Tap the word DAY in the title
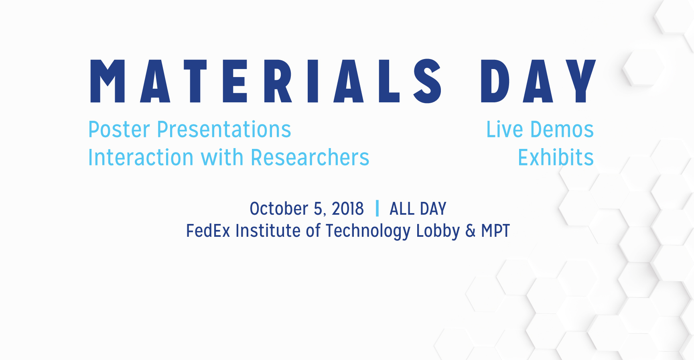point(538,81)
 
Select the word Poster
point(119,130)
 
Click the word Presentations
point(224,130)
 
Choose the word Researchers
point(310,157)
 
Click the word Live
point(505,130)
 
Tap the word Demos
point(562,130)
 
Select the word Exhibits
point(556,157)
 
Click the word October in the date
point(279,209)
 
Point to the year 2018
point(348,209)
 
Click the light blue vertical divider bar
point(377,208)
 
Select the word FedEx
point(208,231)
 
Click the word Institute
point(268,231)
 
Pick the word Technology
point(368,232)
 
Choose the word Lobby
point(438,232)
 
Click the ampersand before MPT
point(470,231)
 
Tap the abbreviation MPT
point(495,231)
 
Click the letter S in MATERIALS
point(428,81)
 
